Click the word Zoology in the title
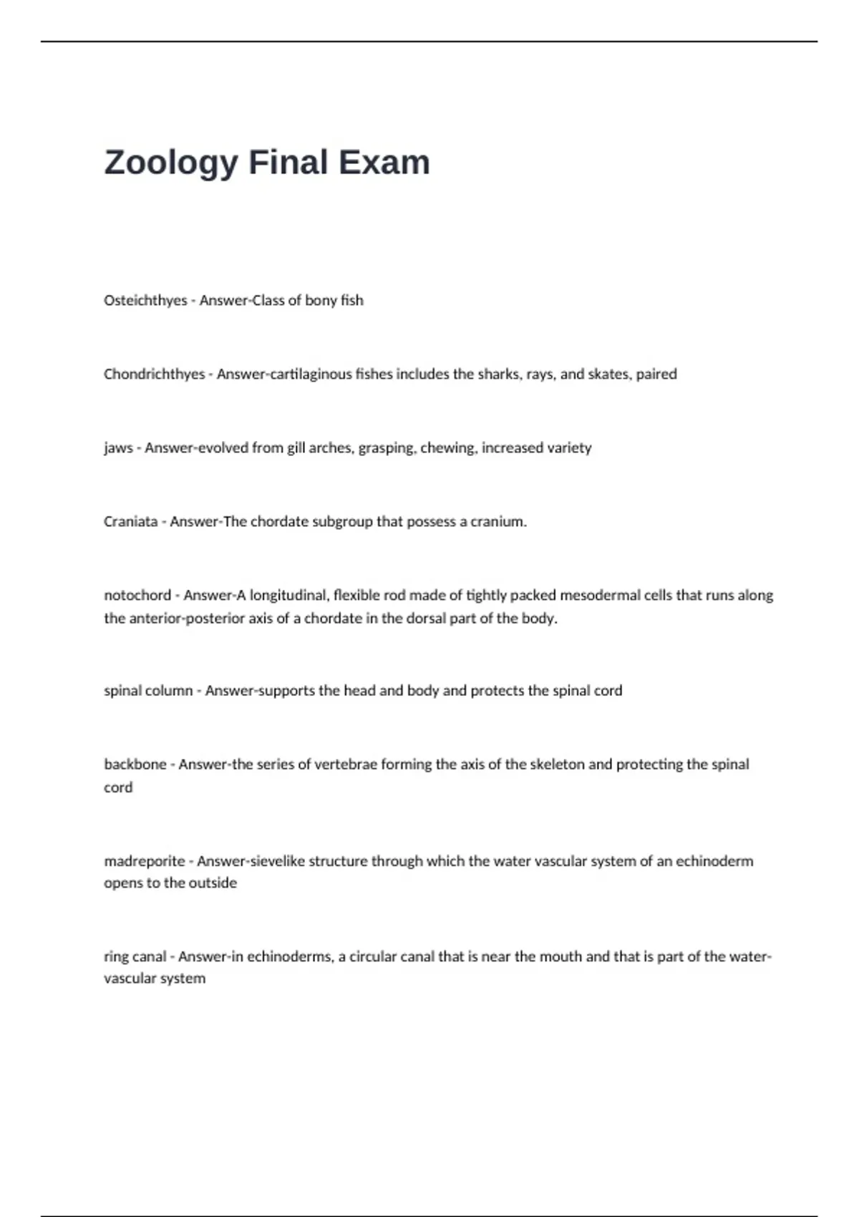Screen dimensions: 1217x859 (170, 163)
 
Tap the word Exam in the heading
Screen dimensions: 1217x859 (384, 162)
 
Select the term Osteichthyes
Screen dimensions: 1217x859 (145, 301)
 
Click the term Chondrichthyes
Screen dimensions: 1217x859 (154, 374)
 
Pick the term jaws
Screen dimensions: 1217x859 (118, 448)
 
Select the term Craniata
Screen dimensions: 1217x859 (130, 522)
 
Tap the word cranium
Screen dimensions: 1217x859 (498, 522)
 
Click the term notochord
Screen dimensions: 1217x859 (137, 596)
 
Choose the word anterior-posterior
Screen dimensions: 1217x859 (186, 619)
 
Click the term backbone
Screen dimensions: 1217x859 (135, 765)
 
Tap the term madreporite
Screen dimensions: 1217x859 (145, 861)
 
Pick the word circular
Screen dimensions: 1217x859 (377, 956)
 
